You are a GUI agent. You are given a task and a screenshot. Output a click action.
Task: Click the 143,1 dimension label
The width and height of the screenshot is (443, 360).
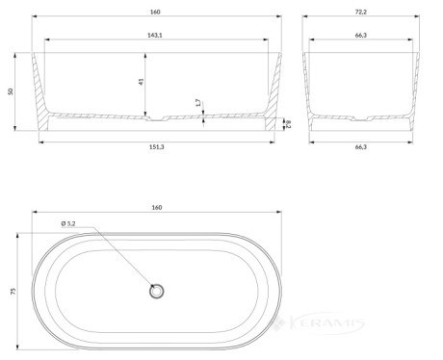pos(155,35)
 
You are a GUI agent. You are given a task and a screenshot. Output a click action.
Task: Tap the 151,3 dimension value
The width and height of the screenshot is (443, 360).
pos(157,146)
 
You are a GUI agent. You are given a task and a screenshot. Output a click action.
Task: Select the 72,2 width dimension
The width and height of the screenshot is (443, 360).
pos(361,12)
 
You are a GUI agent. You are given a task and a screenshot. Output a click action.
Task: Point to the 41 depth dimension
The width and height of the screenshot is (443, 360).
pos(142,82)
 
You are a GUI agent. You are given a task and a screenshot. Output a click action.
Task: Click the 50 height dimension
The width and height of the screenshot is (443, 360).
pos(11,91)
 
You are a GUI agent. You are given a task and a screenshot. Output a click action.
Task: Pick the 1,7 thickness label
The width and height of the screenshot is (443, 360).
pos(198,103)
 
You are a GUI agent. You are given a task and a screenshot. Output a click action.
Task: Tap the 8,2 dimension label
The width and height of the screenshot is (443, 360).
pos(288,124)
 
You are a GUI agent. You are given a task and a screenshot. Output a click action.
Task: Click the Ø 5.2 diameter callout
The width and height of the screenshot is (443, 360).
pos(68,223)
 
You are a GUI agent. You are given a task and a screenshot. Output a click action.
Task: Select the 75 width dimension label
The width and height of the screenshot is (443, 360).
pos(13,291)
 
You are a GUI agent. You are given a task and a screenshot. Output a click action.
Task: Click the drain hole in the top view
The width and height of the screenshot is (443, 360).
pos(157,292)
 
